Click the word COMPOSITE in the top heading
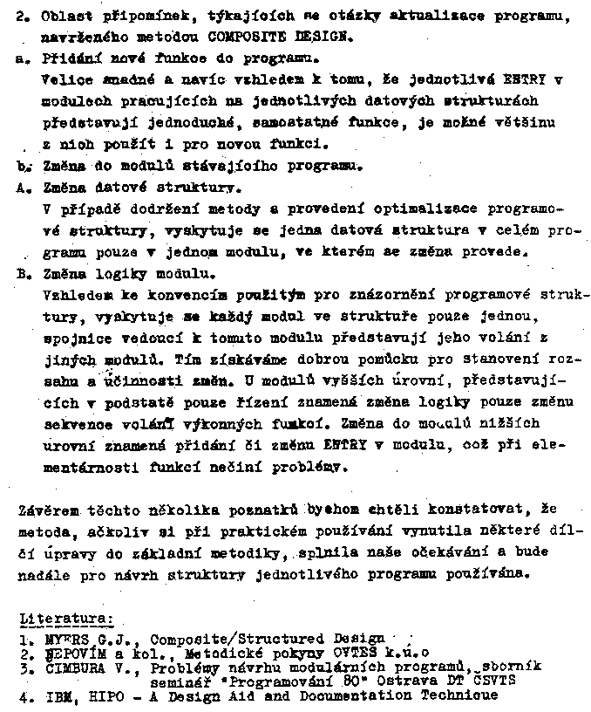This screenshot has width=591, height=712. pos(239,38)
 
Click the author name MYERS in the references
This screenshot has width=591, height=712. pos(63,638)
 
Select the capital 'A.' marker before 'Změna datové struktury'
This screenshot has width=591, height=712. pos(24,187)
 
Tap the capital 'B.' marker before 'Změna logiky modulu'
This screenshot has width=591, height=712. pos(24,273)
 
